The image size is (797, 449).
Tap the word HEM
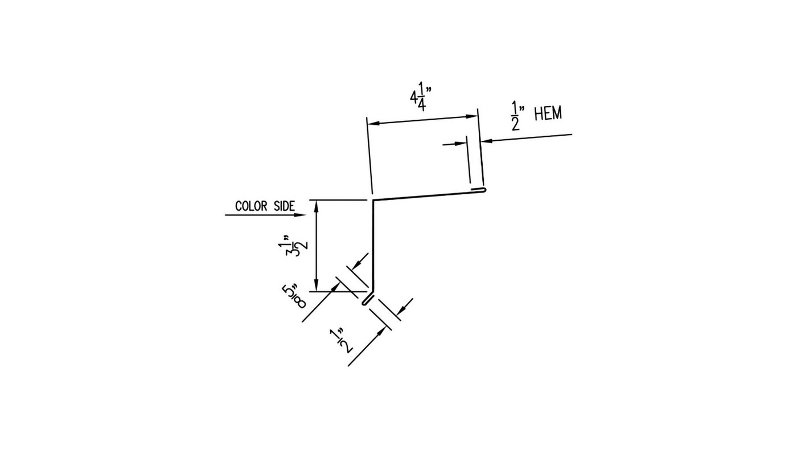click(548, 114)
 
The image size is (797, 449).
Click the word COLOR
click(251, 206)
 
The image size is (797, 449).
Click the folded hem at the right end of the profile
click(479, 189)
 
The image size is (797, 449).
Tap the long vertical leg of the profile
click(372, 245)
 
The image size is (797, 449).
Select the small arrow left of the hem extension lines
click(462, 144)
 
